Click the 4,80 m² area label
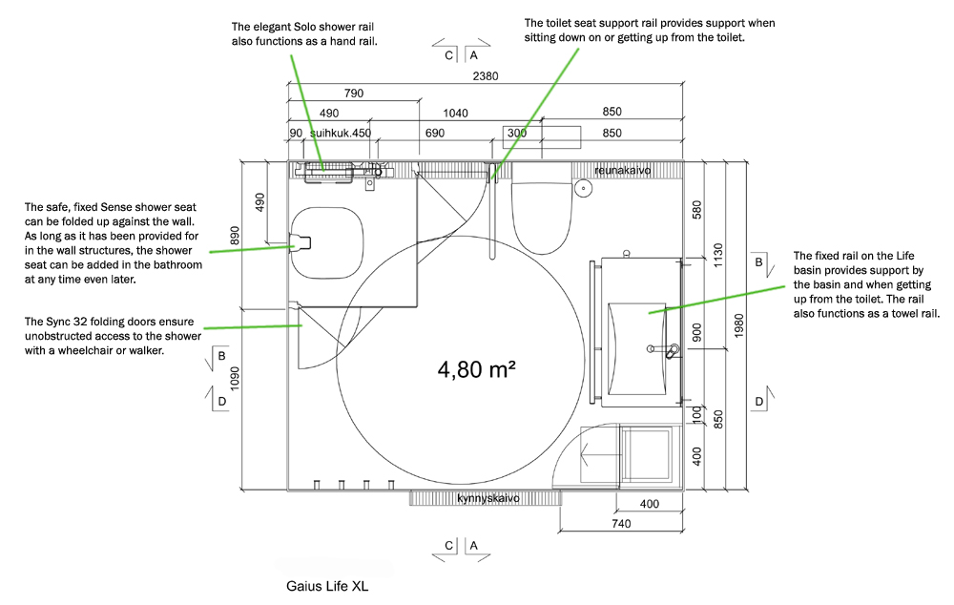[x=476, y=369]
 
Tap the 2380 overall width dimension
[x=485, y=77]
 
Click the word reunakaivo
[x=622, y=170]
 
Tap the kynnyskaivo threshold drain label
[x=487, y=499]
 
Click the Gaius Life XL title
[x=327, y=586]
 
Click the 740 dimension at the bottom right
[x=621, y=524]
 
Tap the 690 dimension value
[x=435, y=134]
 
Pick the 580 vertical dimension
[x=697, y=209]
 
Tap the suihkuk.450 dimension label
[x=340, y=134]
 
